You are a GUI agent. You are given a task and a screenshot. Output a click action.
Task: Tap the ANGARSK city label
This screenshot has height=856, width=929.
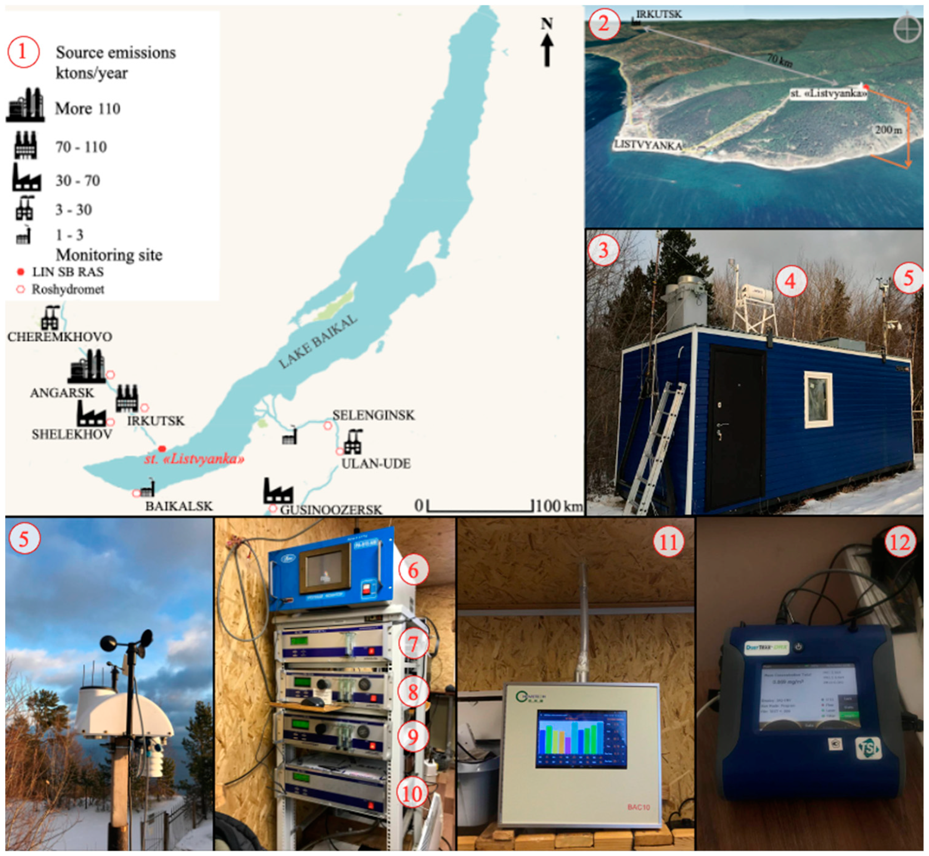[x=62, y=393]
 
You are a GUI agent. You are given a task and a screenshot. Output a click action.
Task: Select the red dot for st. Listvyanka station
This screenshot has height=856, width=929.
[x=162, y=448]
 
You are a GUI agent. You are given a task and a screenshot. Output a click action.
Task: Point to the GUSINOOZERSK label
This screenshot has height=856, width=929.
[x=331, y=510]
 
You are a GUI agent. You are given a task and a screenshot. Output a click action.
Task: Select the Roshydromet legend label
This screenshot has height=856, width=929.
[x=67, y=289]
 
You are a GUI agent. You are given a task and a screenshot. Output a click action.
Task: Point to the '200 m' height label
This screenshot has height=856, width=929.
[x=888, y=130]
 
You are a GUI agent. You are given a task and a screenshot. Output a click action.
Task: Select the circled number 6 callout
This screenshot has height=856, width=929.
[x=413, y=570]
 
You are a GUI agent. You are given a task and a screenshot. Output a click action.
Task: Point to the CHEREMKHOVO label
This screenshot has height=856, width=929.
[x=60, y=337]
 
